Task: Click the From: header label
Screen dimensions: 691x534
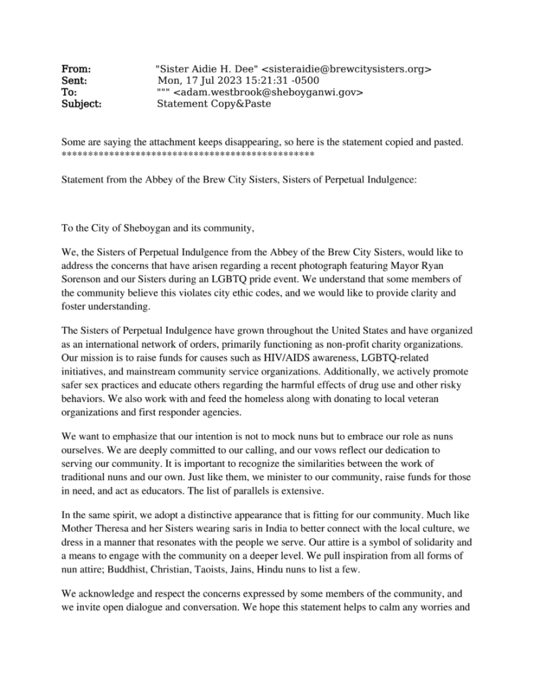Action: (x=76, y=69)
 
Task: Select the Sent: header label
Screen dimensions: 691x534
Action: (x=75, y=80)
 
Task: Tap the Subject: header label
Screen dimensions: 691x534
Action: (x=82, y=104)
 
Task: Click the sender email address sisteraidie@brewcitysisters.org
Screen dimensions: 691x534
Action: (x=347, y=69)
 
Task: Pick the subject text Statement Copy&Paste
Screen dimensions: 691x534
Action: (x=210, y=104)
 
